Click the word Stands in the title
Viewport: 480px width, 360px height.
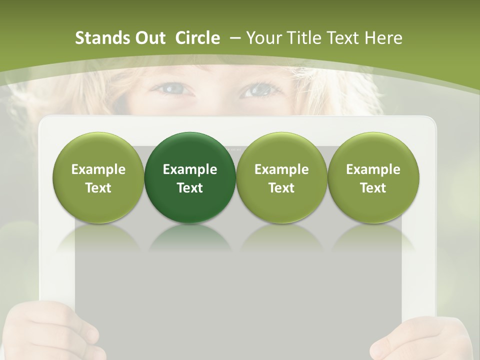pyautogui.click(x=101, y=38)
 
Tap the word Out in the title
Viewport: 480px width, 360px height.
pyautogui.click(x=149, y=38)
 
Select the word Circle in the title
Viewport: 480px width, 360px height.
pyautogui.click(x=197, y=38)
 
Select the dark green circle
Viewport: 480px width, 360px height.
pyautogui.click(x=190, y=177)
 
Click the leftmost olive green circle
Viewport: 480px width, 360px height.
pyautogui.click(x=98, y=177)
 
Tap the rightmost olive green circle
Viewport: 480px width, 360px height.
pyautogui.click(x=373, y=177)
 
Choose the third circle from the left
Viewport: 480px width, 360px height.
pyautogui.click(x=281, y=177)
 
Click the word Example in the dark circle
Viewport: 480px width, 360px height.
pyautogui.click(x=190, y=169)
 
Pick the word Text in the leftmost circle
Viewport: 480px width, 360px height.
pyautogui.click(x=98, y=188)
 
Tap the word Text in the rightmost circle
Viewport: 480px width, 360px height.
pyautogui.click(x=373, y=188)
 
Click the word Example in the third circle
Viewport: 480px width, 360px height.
pyautogui.click(x=281, y=169)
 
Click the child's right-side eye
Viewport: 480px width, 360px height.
pyautogui.click(x=258, y=90)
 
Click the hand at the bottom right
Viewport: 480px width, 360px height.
pyautogui.click(x=425, y=337)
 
